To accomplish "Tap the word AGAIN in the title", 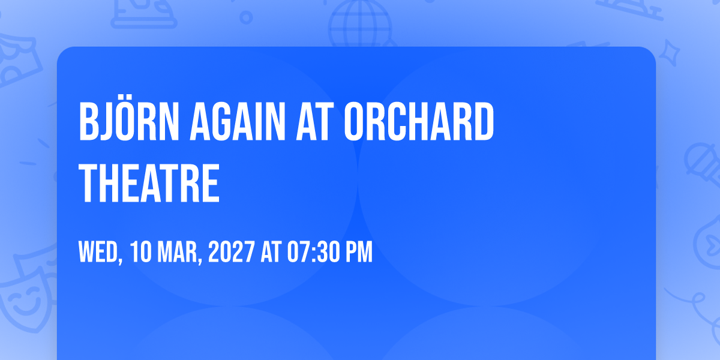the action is (x=237, y=122).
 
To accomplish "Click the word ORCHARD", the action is (x=419, y=122).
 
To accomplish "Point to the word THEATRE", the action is (x=149, y=183).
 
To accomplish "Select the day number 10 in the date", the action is (x=141, y=252).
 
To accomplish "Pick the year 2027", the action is (x=232, y=252).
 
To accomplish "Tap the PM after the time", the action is (x=359, y=252).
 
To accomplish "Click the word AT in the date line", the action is (x=271, y=252).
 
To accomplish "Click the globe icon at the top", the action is (x=360, y=24).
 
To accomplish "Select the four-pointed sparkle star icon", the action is (x=670, y=53).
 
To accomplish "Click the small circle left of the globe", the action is (x=246, y=17).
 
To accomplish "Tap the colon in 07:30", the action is (x=314, y=253).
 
